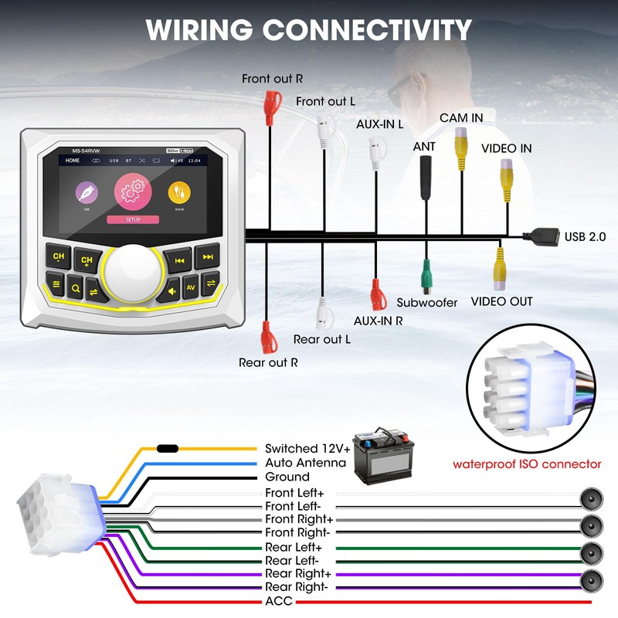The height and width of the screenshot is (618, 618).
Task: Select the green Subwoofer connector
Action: coord(426,273)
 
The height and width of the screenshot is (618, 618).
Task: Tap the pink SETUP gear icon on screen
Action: coord(132,193)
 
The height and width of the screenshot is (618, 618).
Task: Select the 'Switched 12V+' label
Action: coord(307,449)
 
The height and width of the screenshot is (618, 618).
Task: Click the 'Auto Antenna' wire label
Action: coord(305,463)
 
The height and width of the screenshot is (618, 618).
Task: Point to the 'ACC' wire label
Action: coord(279,601)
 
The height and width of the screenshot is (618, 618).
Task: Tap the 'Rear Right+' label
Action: coord(297,573)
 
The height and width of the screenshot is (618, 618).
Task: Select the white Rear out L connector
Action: coord(323,314)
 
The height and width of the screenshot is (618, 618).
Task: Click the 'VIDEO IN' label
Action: coord(506,148)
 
